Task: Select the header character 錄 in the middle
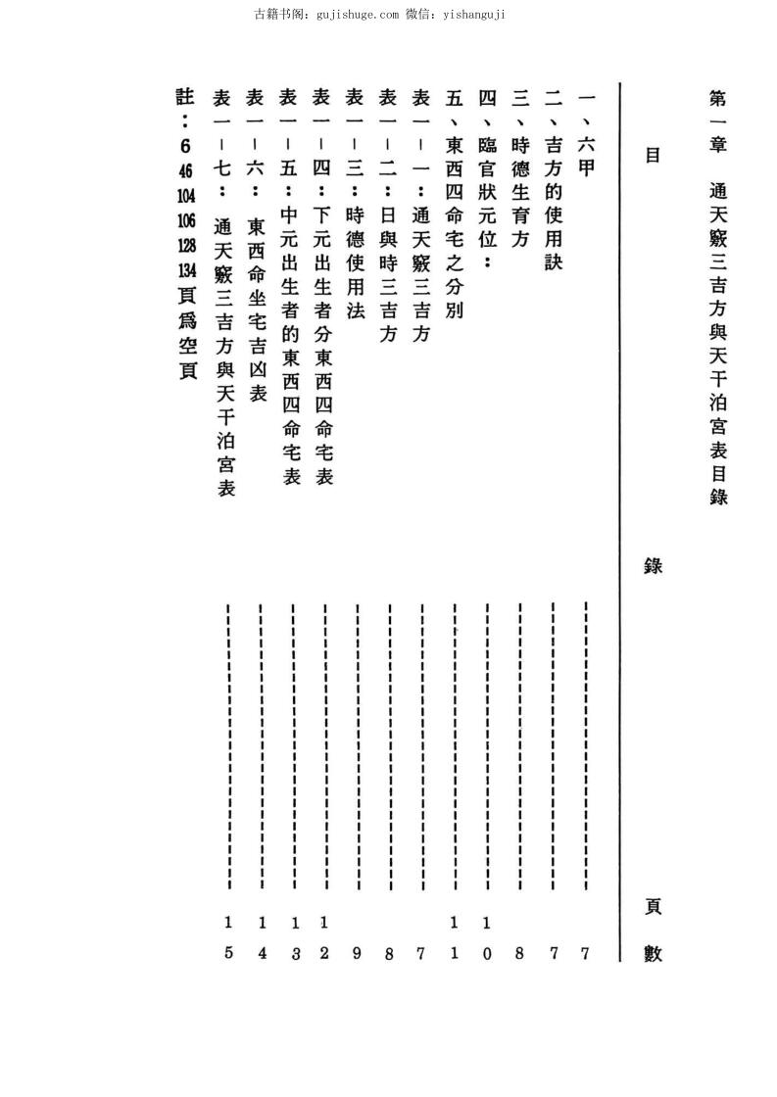tap(651, 565)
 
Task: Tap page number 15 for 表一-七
tap(227, 937)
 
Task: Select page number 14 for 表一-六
tap(261, 937)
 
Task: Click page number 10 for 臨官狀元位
tap(487, 937)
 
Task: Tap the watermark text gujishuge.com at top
tap(358, 15)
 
